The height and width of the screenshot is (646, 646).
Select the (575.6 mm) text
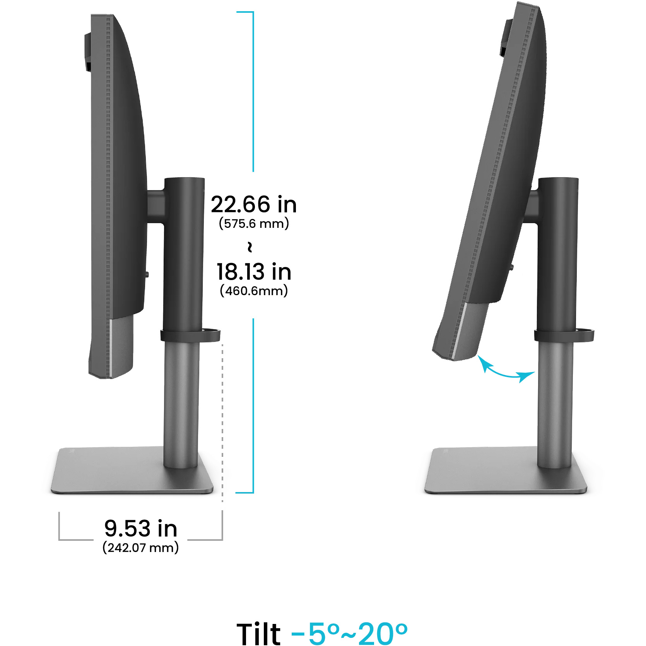coord(254,224)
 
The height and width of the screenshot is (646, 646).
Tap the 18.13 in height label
coord(254,272)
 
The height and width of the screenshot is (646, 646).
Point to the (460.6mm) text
coord(254,291)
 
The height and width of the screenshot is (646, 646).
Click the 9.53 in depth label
coord(141,528)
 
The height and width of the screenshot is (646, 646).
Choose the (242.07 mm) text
coord(141,547)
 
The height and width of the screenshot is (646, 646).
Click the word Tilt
coord(258,633)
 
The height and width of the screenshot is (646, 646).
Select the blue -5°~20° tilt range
coord(349,633)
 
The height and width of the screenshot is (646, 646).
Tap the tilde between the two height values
coord(250,247)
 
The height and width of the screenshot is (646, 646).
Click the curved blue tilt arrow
coord(503,374)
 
